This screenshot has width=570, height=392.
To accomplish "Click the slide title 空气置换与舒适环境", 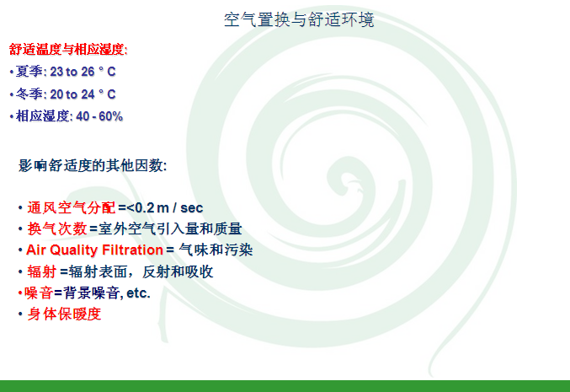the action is (299, 19).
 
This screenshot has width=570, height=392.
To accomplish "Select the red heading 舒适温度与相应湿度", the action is (67, 49).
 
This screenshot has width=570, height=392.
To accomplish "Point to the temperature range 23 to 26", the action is (72, 72).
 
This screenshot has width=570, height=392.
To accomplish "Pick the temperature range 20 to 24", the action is (72, 94).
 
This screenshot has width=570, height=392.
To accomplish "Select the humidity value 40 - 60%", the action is (99, 116).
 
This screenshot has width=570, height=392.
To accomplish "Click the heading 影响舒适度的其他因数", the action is (92, 165).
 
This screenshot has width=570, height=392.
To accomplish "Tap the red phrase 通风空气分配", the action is (72, 208).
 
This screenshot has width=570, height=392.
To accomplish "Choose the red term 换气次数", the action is (57, 229).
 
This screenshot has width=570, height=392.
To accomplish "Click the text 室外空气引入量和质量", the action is (170, 229).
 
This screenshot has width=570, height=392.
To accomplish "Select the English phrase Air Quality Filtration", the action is (94, 250).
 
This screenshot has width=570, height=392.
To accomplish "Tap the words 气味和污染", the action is (216, 250).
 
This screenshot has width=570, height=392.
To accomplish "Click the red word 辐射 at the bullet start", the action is (42, 271).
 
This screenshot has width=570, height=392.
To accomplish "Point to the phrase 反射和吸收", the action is (178, 271).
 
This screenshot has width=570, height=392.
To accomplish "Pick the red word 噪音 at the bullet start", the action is (39, 293).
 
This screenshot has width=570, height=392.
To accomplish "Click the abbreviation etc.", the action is (138, 293).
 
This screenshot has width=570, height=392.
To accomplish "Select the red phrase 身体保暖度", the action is (64, 314).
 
